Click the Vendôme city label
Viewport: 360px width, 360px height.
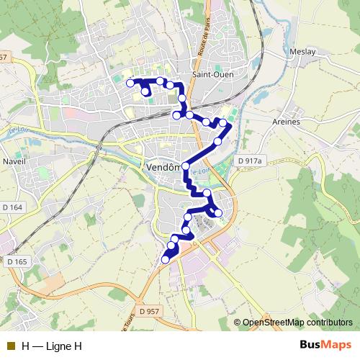coord(165,166)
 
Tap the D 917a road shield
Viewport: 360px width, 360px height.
coord(250,162)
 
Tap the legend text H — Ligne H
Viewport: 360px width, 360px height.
coord(52,346)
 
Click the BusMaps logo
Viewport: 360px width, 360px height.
coord(325,346)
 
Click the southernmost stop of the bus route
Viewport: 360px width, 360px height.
coord(165,260)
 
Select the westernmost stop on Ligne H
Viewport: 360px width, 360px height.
coord(130,84)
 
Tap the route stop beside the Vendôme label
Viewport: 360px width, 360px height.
coord(186,166)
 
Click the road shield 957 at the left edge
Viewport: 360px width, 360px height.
coord(4,57)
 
